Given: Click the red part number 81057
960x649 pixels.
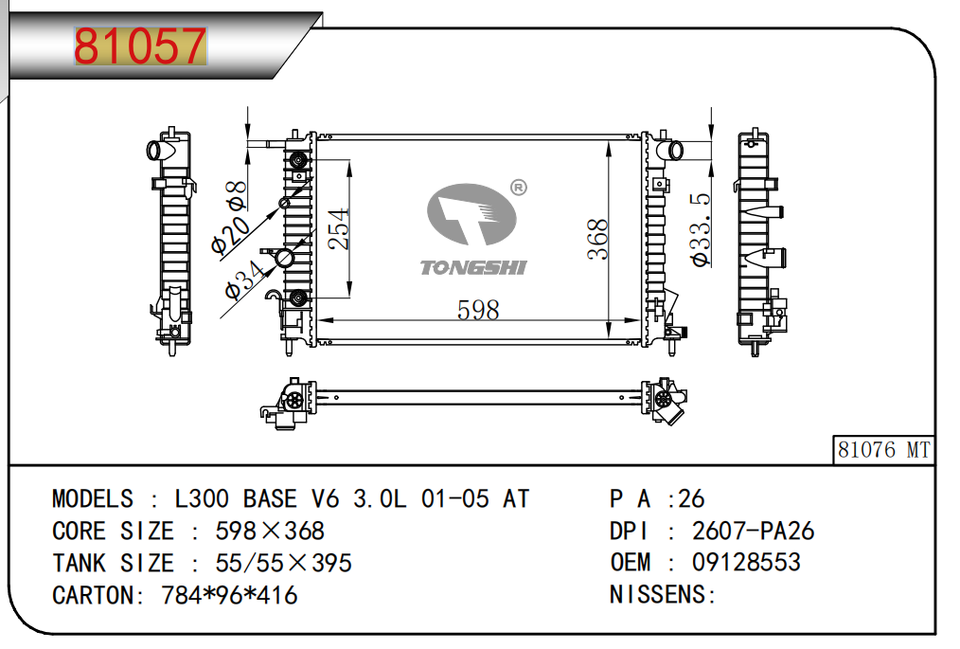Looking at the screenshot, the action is tap(139, 46).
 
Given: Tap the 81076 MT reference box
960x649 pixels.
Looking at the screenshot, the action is tap(883, 450).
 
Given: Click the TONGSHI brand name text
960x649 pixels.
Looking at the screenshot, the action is tap(472, 268).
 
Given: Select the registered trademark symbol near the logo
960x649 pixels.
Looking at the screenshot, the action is tap(518, 188).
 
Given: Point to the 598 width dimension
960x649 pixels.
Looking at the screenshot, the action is tap(478, 310).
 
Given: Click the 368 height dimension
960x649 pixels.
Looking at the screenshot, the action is tap(597, 239).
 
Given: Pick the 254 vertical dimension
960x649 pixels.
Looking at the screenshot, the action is tap(339, 228).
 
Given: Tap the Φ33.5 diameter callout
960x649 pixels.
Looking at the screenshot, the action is tap(701, 230).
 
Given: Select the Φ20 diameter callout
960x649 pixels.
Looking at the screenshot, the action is tap(230, 235).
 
